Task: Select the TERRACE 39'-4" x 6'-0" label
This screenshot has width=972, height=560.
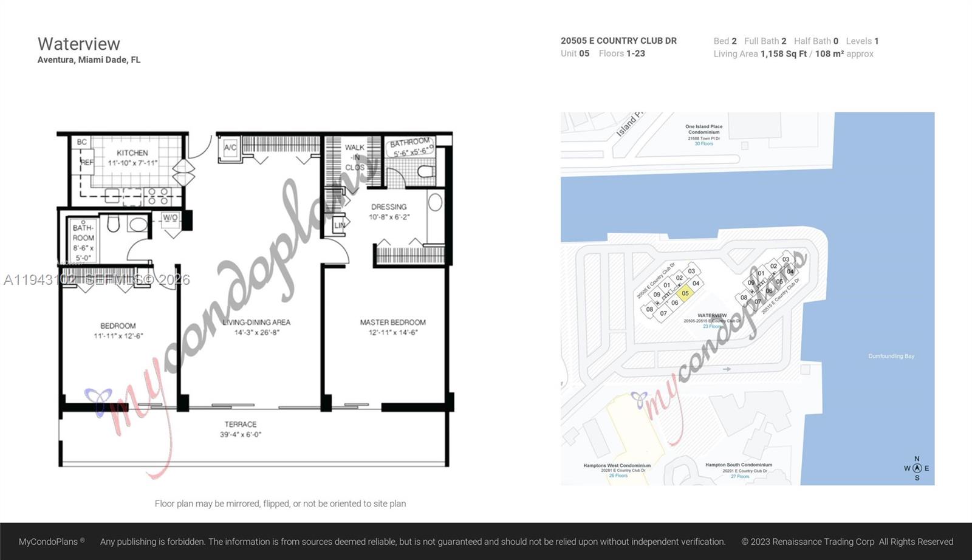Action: coord(241,429)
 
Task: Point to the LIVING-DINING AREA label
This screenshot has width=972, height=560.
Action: coord(256,327)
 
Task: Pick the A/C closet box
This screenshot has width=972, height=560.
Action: coord(230,148)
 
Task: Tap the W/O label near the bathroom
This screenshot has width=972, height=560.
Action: coord(170,217)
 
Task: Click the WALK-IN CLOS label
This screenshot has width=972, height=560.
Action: coord(355,157)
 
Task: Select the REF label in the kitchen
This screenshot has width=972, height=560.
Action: coord(87,162)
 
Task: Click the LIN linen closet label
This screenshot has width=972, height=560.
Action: coord(340,225)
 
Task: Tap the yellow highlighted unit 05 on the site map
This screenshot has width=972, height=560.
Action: coord(685,293)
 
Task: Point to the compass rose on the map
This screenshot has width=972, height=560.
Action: coord(917,468)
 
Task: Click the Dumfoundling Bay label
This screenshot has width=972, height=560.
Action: coord(891,356)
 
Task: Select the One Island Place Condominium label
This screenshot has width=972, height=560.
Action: coord(704,129)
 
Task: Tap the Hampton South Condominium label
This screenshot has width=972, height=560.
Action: coord(739,465)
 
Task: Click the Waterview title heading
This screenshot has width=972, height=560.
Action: coord(79,44)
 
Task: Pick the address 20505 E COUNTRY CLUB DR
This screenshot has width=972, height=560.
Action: coord(618,41)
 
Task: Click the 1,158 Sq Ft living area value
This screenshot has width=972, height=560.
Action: coord(783,53)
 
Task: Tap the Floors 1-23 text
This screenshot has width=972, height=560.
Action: coord(621,53)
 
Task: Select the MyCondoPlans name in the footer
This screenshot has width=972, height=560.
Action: coord(49,541)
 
